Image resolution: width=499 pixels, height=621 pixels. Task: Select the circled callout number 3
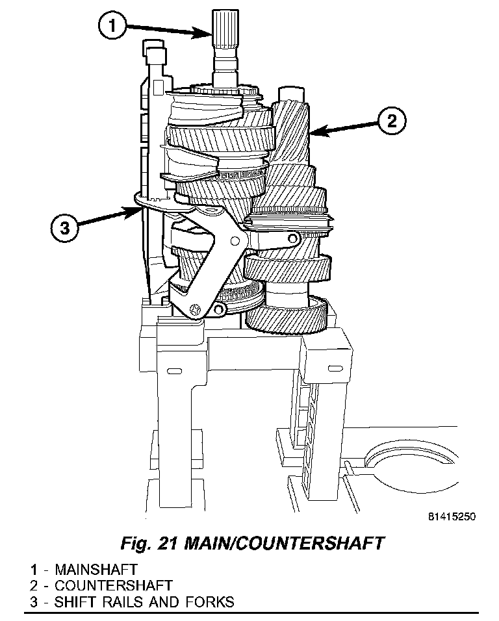pyautogui.click(x=65, y=228)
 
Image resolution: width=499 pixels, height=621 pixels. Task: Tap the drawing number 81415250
pyautogui.click(x=452, y=517)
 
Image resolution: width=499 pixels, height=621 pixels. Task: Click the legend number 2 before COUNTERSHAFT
pyautogui.click(x=32, y=586)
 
